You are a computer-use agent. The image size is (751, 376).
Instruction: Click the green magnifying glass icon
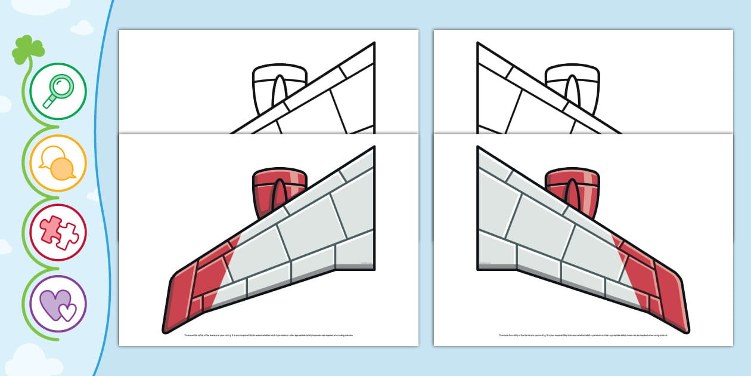tap(58, 91)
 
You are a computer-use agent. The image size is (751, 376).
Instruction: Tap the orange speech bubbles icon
tap(58, 163)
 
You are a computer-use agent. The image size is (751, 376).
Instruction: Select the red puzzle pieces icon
tap(58, 232)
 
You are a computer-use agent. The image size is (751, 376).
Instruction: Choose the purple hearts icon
tap(58, 303)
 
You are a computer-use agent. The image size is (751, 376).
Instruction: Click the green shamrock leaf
tap(28, 49)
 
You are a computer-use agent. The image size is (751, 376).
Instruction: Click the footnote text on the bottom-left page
tap(269, 335)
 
